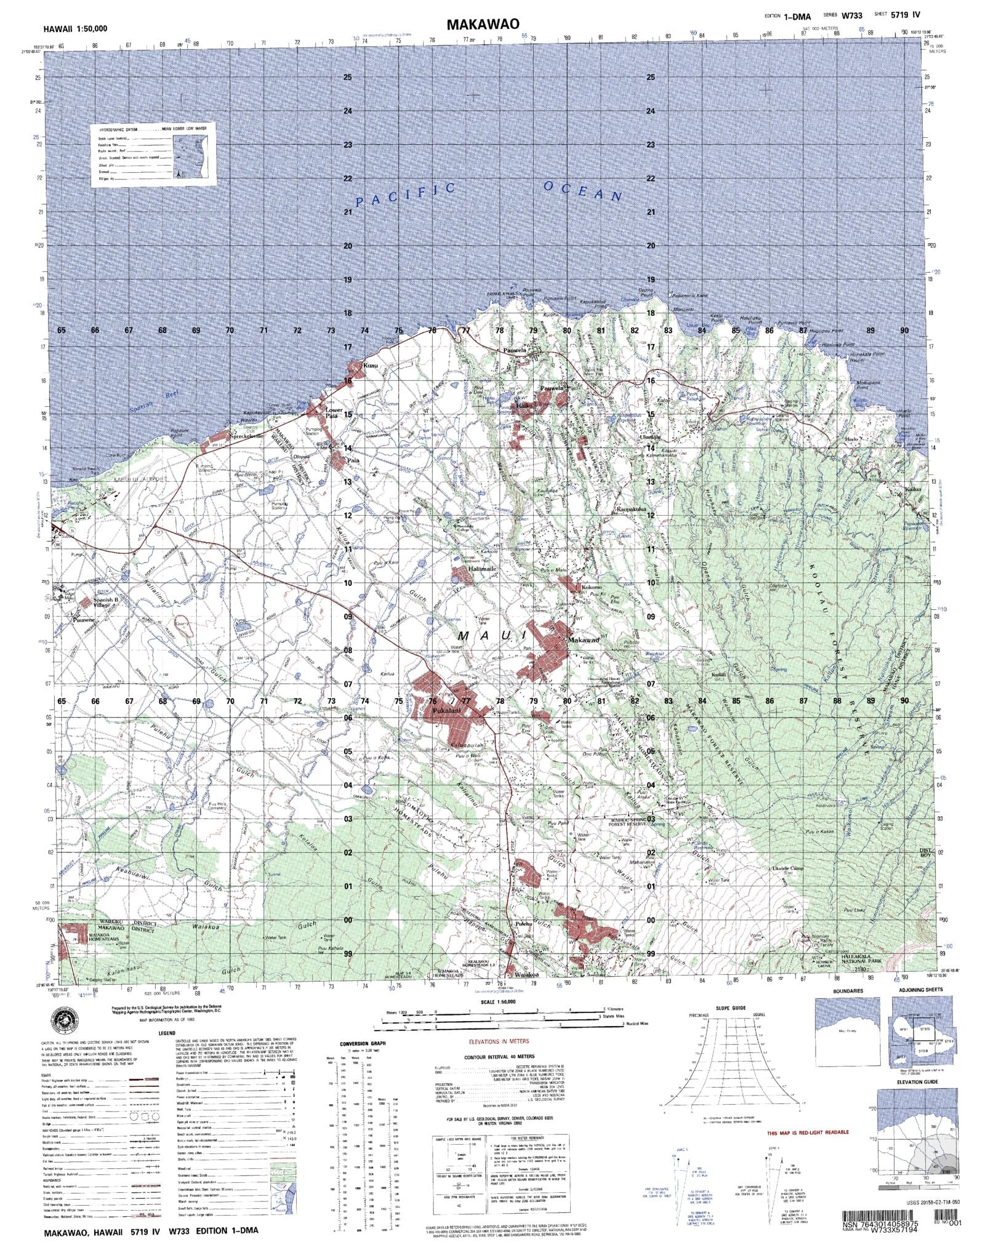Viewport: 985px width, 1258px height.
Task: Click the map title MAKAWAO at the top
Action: (483, 24)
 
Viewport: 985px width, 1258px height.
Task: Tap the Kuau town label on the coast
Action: (370, 366)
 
